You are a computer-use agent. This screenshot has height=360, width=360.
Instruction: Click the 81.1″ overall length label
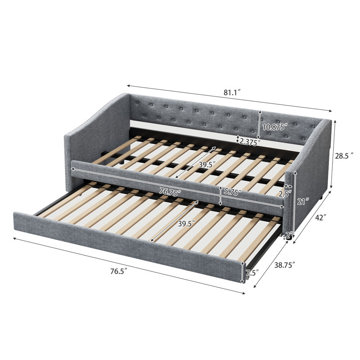click(x=232, y=93)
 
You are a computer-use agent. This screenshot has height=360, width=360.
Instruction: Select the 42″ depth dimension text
click(x=320, y=217)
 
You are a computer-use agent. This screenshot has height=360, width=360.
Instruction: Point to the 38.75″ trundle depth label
click(x=285, y=265)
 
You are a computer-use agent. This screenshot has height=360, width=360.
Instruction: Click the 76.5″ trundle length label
click(x=119, y=271)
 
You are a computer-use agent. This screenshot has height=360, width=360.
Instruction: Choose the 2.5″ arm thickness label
click(x=285, y=194)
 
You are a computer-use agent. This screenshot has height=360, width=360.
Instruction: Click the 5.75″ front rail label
click(x=233, y=192)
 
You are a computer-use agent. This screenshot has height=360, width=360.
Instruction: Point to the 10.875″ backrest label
click(x=275, y=127)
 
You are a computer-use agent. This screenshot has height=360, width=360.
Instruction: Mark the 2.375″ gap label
click(x=250, y=142)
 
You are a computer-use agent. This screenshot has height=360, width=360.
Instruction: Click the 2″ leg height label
click(x=289, y=235)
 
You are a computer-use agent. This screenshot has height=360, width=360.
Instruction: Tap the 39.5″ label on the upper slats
click(x=207, y=164)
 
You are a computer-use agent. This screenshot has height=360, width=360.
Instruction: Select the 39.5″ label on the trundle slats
click(x=187, y=223)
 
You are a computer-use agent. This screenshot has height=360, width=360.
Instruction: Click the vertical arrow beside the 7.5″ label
click(x=242, y=273)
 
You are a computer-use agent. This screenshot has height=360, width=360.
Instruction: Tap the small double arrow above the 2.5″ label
click(x=288, y=186)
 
